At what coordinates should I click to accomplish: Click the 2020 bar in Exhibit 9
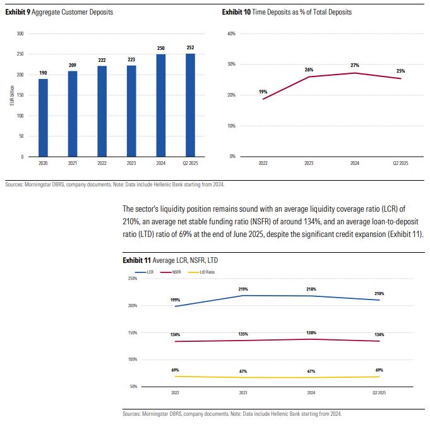click(43, 118)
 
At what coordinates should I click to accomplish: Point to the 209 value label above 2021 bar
click(72, 66)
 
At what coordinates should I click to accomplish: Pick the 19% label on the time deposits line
click(263, 92)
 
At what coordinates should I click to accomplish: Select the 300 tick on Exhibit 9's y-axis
click(20, 33)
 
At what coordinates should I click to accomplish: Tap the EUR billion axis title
click(11, 95)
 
